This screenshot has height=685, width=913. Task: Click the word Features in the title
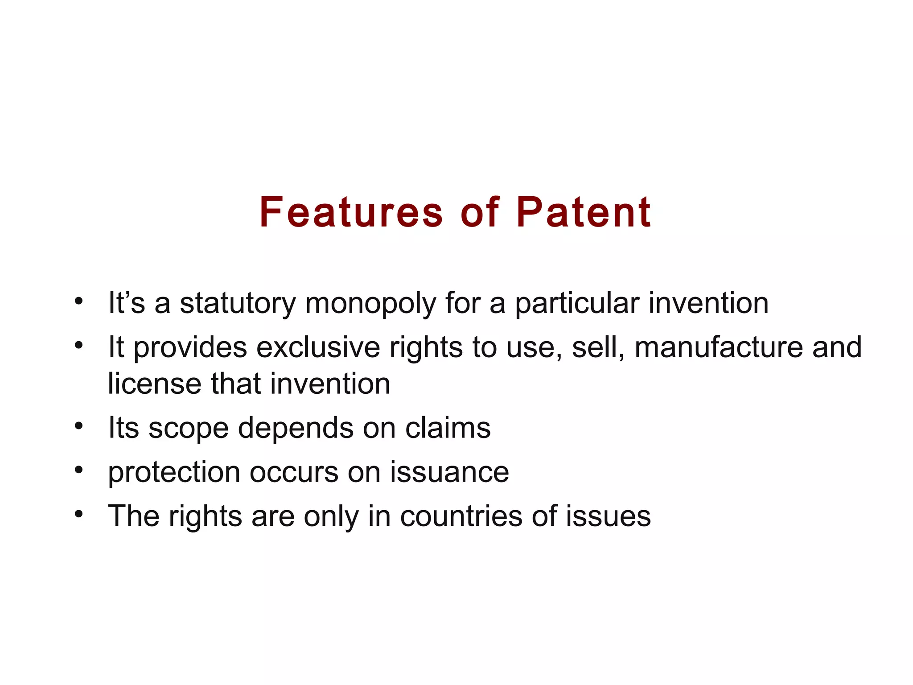tap(351, 213)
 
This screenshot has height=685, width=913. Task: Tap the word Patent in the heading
tap(584, 213)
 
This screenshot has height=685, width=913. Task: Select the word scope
tap(188, 429)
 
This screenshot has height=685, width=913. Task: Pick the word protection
tap(174, 472)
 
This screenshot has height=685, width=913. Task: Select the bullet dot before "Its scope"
tap(79, 425)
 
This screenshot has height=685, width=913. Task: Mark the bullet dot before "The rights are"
tap(79, 514)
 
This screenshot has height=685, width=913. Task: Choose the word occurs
tap(294, 472)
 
